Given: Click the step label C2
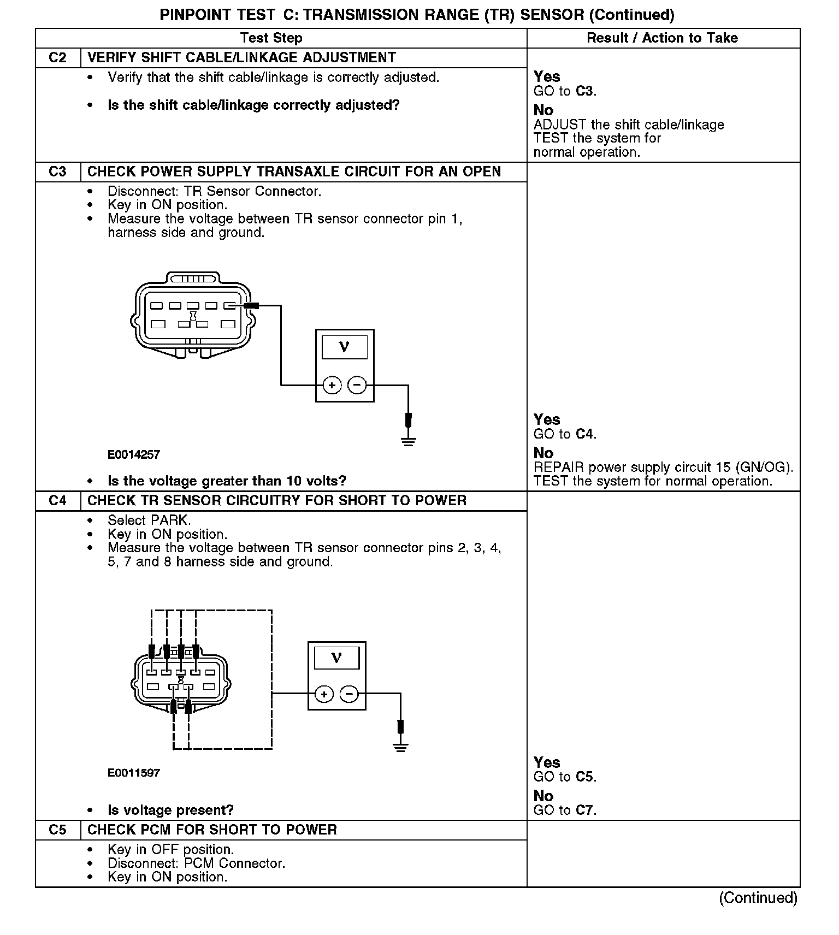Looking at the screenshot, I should [x=57, y=58].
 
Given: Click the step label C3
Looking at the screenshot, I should [x=57, y=171].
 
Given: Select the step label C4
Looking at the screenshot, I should [x=57, y=501].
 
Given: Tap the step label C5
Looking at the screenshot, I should [x=57, y=830].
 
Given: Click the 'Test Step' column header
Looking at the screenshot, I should [x=271, y=38].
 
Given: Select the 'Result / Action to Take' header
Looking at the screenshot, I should [x=662, y=38].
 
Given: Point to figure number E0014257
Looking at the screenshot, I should [x=134, y=454].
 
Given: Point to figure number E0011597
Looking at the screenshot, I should [x=134, y=773].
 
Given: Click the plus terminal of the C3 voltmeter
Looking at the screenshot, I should [x=332, y=385].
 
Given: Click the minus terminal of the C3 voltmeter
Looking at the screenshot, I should [x=357, y=385].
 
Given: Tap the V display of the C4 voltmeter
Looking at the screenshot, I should [x=336, y=658].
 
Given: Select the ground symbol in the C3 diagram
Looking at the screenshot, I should [x=408, y=441].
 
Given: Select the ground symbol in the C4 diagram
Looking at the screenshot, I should [x=400, y=747].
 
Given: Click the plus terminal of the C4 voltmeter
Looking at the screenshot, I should [x=324, y=694].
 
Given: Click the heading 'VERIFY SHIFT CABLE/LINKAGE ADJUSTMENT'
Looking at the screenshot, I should [x=241, y=58].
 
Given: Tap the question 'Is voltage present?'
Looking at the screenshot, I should [x=170, y=810].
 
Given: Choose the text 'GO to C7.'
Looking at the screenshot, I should [x=565, y=810].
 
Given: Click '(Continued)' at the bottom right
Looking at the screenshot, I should [x=758, y=897].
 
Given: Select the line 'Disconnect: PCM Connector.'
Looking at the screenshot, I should [x=196, y=863].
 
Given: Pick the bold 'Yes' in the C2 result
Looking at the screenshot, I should [x=547, y=76].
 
